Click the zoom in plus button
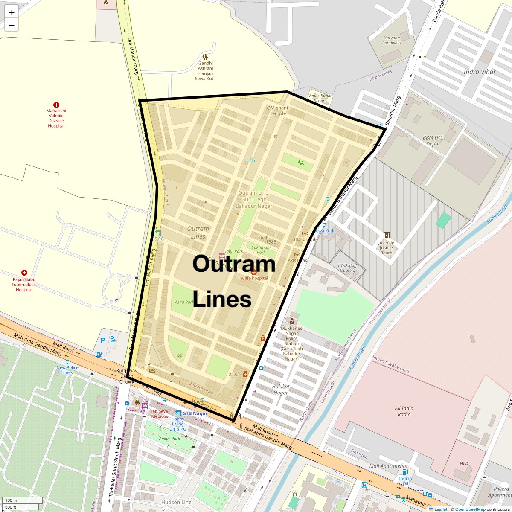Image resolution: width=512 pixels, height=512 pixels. (12, 12)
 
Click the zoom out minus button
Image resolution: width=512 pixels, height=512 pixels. (12, 25)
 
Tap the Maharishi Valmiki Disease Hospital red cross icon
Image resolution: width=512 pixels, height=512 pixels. (56, 105)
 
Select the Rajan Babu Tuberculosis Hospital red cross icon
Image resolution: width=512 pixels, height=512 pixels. (24, 273)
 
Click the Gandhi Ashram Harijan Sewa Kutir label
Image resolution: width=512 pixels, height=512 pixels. (206, 71)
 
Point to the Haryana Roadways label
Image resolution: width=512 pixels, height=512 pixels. (392, 41)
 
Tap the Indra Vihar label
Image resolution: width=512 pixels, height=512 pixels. (480, 72)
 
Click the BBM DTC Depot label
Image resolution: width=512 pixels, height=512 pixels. (433, 141)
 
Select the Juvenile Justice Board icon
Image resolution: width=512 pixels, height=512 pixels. (387, 235)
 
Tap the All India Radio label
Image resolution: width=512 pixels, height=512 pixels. (404, 411)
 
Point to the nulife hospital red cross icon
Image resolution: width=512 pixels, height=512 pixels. (254, 272)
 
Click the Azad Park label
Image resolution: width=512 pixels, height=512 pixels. (184, 302)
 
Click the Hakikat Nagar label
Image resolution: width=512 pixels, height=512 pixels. (281, 390)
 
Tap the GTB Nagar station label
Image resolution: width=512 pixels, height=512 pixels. (195, 413)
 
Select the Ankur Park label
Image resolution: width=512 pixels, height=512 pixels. (169, 439)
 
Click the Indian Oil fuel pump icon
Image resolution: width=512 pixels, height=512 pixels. (405, 472)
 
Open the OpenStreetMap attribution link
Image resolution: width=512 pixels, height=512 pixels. (470, 509)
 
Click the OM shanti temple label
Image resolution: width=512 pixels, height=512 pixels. (278, 111)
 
